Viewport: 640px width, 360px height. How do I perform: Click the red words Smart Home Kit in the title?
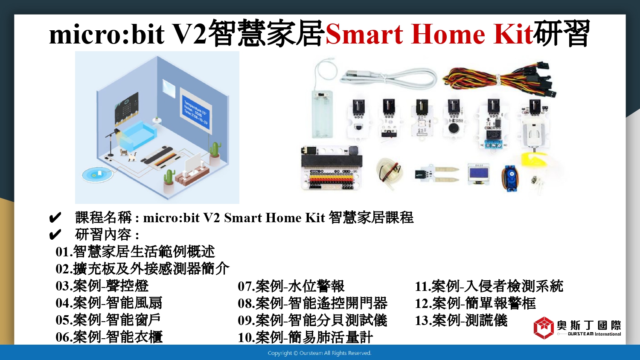429,34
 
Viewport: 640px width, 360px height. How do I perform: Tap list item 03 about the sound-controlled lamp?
102,286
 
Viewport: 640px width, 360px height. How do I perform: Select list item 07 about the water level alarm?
291,286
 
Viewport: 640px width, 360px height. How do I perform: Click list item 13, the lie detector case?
461,320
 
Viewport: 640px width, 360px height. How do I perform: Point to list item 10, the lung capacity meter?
305,337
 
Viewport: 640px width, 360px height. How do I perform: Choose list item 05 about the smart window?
108,320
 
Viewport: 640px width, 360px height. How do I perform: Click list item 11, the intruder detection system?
489,286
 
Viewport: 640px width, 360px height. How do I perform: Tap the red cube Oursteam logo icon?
544,328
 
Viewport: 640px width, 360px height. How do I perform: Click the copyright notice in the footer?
320,353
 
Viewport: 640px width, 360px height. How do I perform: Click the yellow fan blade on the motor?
533,159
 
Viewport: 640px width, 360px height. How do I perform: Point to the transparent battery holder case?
322,115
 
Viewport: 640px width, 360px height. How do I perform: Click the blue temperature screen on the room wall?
196,112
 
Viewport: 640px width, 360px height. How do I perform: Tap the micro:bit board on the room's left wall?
127,109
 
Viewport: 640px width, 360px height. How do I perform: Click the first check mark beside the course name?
55,218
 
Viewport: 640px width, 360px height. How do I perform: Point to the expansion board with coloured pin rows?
332,168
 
